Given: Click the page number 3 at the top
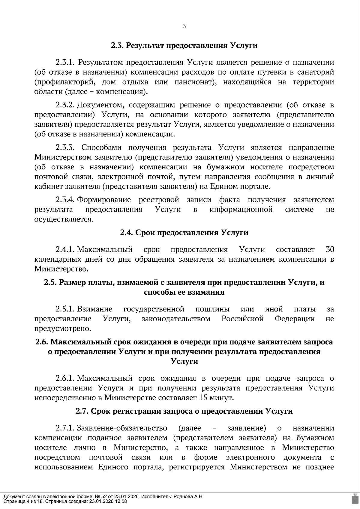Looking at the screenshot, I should (x=184, y=26).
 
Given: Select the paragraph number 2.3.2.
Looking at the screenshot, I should (x=65, y=105).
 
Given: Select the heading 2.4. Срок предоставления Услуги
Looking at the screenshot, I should (x=184, y=233).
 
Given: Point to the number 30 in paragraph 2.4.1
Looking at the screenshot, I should (x=329, y=249).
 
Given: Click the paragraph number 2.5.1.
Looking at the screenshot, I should (x=65, y=309).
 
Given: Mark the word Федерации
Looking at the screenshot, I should (x=295, y=319).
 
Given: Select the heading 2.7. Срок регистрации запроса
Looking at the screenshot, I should (x=184, y=411).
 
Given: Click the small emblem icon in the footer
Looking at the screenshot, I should (x=354, y=499).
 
